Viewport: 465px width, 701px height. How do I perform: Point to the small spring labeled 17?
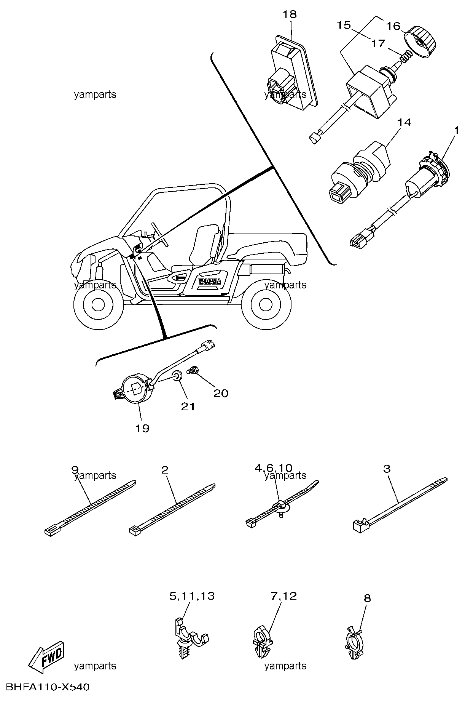pos(406,57)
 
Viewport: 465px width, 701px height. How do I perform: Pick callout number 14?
pos(404,123)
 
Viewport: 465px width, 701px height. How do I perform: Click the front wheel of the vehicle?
pos(97,303)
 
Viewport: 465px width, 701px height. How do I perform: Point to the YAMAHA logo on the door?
pos(209,282)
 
